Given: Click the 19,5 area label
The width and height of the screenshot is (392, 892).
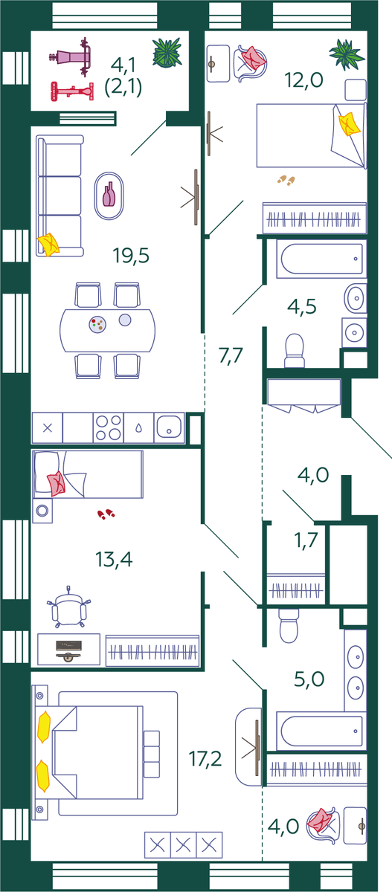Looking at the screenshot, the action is click(131, 255).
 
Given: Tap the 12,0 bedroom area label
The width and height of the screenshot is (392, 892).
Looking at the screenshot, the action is click(303, 80).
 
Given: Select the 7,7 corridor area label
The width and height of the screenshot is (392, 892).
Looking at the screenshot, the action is click(231, 355).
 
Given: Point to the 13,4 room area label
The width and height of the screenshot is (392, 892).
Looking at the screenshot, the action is click(114, 559).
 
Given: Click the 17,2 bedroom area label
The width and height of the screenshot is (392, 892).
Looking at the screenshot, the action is click(205, 759).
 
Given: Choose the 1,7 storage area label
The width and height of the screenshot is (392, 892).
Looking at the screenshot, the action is click(306, 540).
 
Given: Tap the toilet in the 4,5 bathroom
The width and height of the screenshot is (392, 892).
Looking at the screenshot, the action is click(295, 350).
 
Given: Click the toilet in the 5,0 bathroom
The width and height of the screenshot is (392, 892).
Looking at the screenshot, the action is click(289, 625).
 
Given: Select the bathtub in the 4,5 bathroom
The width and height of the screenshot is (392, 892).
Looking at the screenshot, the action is click(321, 259).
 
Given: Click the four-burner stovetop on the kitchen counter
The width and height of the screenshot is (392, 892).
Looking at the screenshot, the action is click(109, 427).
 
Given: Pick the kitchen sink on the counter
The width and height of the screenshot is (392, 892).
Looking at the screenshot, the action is click(170, 427).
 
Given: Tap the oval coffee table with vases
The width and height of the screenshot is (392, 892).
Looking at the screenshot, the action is click(109, 195).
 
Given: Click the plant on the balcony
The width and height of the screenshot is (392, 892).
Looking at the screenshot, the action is click(167, 52).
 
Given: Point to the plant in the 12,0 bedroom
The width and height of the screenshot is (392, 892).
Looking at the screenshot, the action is click(346, 54).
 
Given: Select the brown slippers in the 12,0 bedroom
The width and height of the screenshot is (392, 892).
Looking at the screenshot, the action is click(286, 180).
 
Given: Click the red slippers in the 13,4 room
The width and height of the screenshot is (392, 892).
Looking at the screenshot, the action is click(106, 514).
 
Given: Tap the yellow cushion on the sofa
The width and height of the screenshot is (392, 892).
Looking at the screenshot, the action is click(48, 244).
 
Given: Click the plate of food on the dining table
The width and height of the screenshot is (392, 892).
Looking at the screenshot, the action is click(97, 324).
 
